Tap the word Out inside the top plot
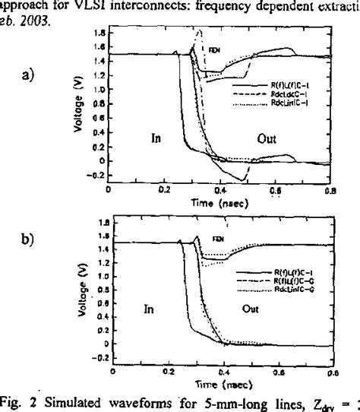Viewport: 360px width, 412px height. [266, 139]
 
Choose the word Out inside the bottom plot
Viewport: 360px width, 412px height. [249, 310]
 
